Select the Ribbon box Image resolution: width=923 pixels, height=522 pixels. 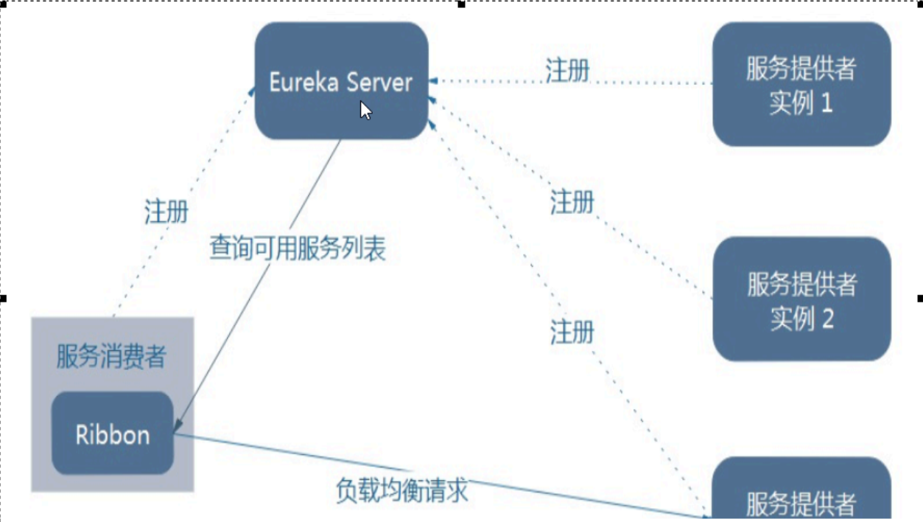pyautogui.click(x=112, y=434)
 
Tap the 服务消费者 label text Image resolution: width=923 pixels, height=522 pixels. pyautogui.click(x=111, y=357)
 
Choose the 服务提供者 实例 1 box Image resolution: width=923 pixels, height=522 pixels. pyautogui.click(x=801, y=84)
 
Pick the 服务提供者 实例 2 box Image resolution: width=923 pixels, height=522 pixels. pyautogui.click(x=801, y=299)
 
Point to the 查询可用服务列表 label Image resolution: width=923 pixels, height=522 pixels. pyautogui.click(x=298, y=248)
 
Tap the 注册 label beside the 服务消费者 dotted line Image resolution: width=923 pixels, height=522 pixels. pyautogui.click(x=166, y=212)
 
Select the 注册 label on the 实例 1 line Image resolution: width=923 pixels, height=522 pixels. pyautogui.click(x=567, y=70)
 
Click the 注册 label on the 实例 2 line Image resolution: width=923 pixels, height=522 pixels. pyautogui.click(x=572, y=201)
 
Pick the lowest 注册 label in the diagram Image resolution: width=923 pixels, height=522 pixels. pyautogui.click(x=572, y=333)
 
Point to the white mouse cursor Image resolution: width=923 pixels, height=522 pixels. pyautogui.click(x=365, y=110)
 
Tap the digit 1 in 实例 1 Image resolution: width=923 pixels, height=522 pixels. pyautogui.click(x=827, y=103)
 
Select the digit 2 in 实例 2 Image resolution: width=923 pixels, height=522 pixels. pyautogui.click(x=827, y=319)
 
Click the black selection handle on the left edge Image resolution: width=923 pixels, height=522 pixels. pyautogui.click(x=3, y=299)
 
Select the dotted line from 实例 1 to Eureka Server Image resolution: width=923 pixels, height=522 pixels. pyautogui.click(x=641, y=82)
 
